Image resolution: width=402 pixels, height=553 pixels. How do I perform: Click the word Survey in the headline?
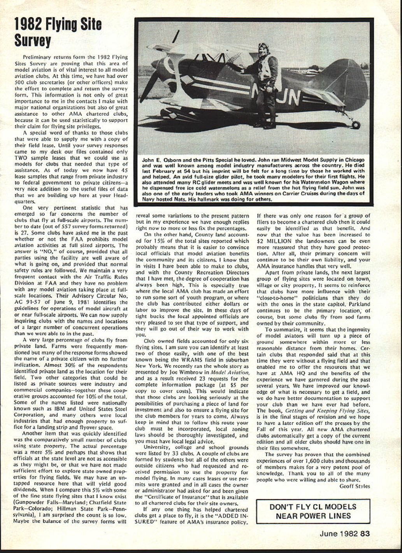point(33,40)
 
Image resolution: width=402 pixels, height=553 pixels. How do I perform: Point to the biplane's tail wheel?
point(356,125)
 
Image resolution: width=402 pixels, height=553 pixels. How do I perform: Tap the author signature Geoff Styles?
point(355,486)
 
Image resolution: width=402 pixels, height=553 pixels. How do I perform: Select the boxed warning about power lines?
point(312,511)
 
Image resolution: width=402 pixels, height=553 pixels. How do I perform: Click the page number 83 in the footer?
point(365,534)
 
